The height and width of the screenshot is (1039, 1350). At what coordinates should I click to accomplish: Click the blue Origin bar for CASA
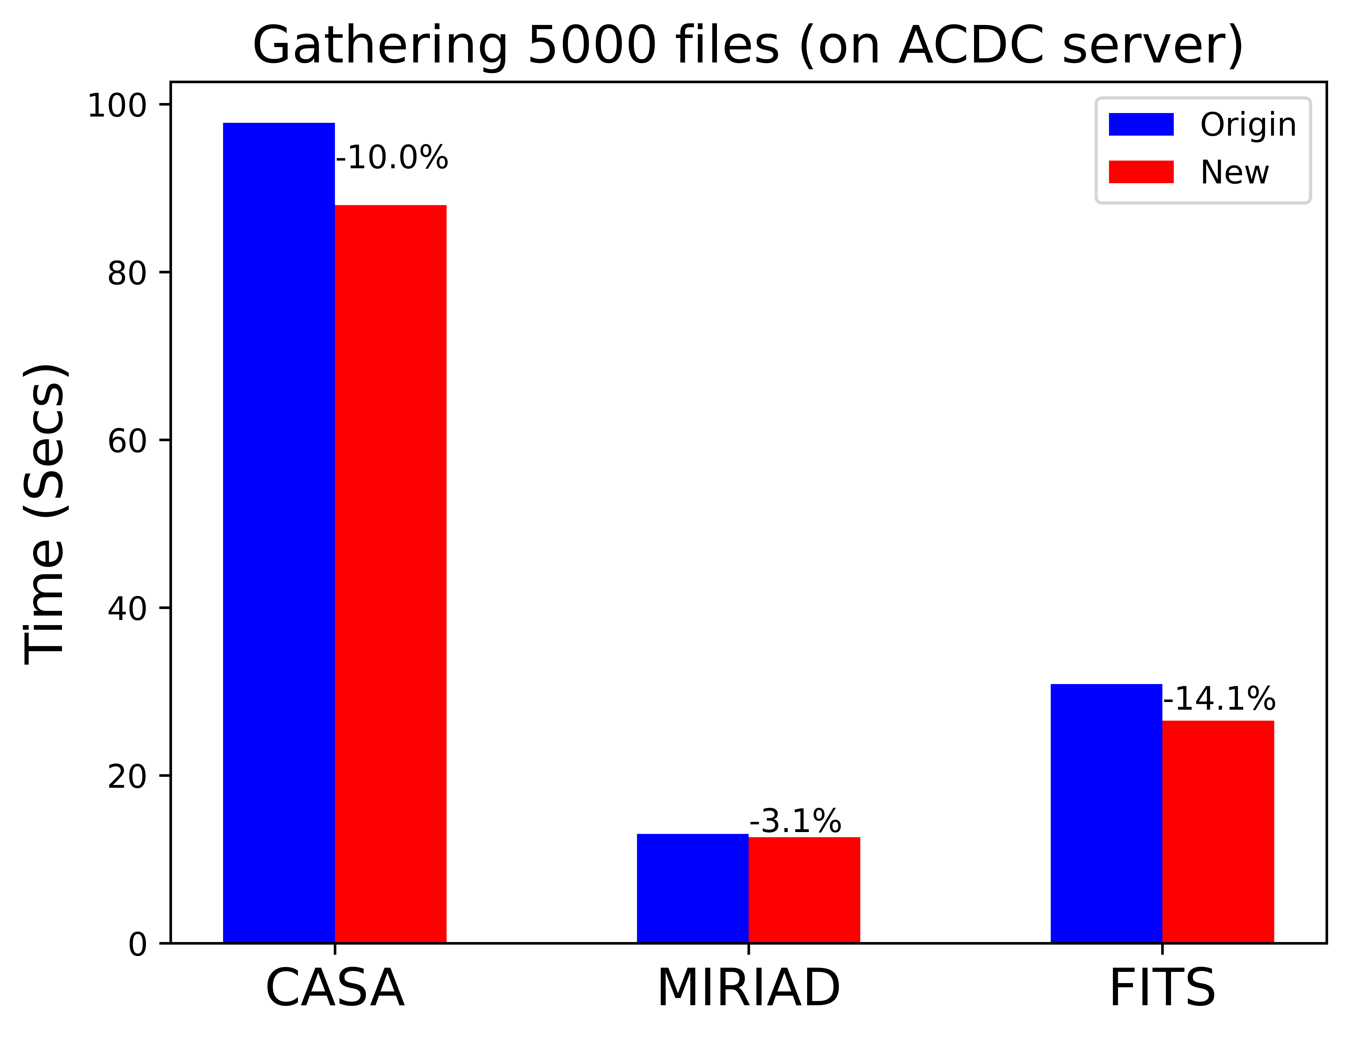(x=279, y=532)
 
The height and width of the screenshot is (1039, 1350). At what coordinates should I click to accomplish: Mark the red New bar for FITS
(x=1218, y=831)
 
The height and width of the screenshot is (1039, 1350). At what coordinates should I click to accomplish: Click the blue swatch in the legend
(x=1141, y=124)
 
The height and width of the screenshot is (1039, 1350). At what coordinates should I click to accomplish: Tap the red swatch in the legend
(x=1141, y=172)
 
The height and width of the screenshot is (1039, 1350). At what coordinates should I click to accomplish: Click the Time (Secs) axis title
(x=45, y=513)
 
